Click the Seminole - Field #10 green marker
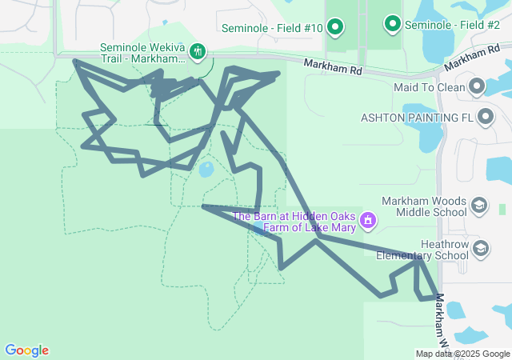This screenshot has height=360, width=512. point(336,28)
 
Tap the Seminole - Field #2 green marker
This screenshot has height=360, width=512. point(392,25)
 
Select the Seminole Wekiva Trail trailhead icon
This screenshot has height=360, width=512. point(198,53)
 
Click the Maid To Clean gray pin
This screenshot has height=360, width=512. point(478,86)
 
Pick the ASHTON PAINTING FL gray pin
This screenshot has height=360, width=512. point(486,118)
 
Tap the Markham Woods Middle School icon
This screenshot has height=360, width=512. point(479,206)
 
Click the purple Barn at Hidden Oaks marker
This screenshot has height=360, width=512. point(368,218)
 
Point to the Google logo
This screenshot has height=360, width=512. point(26,350)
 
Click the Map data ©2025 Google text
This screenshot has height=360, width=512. point(462,354)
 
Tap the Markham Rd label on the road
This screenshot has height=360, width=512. point(333,67)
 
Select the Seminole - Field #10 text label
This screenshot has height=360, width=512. point(282,28)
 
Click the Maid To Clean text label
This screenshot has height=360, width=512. point(429,86)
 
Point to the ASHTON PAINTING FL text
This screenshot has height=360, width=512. point(416,117)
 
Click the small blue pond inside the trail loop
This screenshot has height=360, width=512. point(206,170)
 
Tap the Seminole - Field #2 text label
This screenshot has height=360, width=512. point(452,25)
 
